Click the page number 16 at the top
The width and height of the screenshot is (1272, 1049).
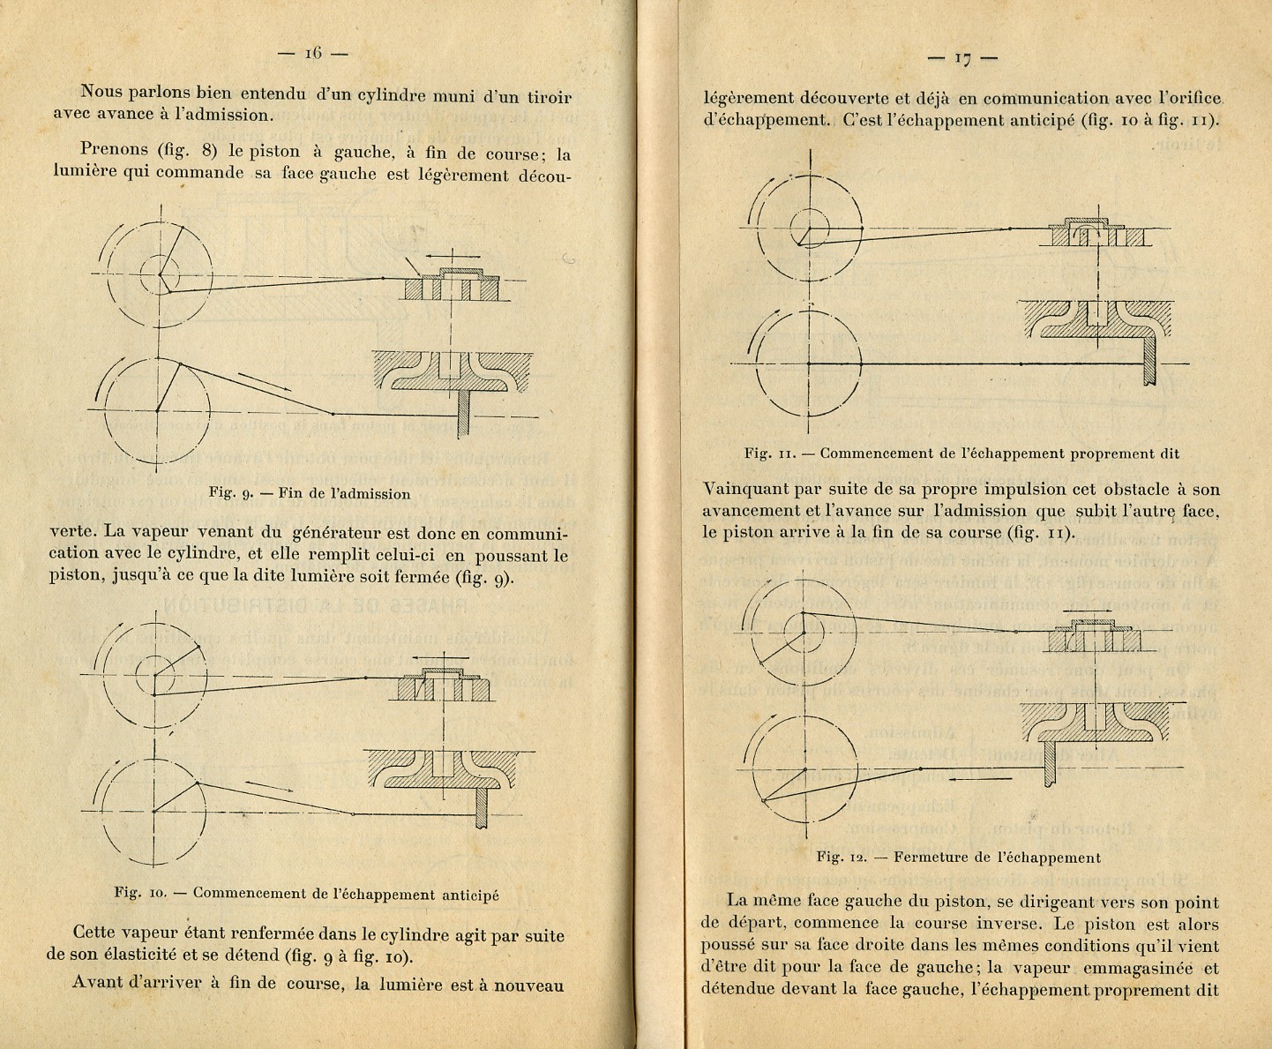[x=313, y=53]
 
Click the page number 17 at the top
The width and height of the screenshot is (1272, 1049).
[x=962, y=59]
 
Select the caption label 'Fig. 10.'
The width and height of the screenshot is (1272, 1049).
[x=141, y=893]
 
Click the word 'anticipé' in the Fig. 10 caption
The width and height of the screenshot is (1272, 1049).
[x=468, y=894]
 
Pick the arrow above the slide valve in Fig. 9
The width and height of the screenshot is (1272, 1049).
[x=449, y=255]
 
